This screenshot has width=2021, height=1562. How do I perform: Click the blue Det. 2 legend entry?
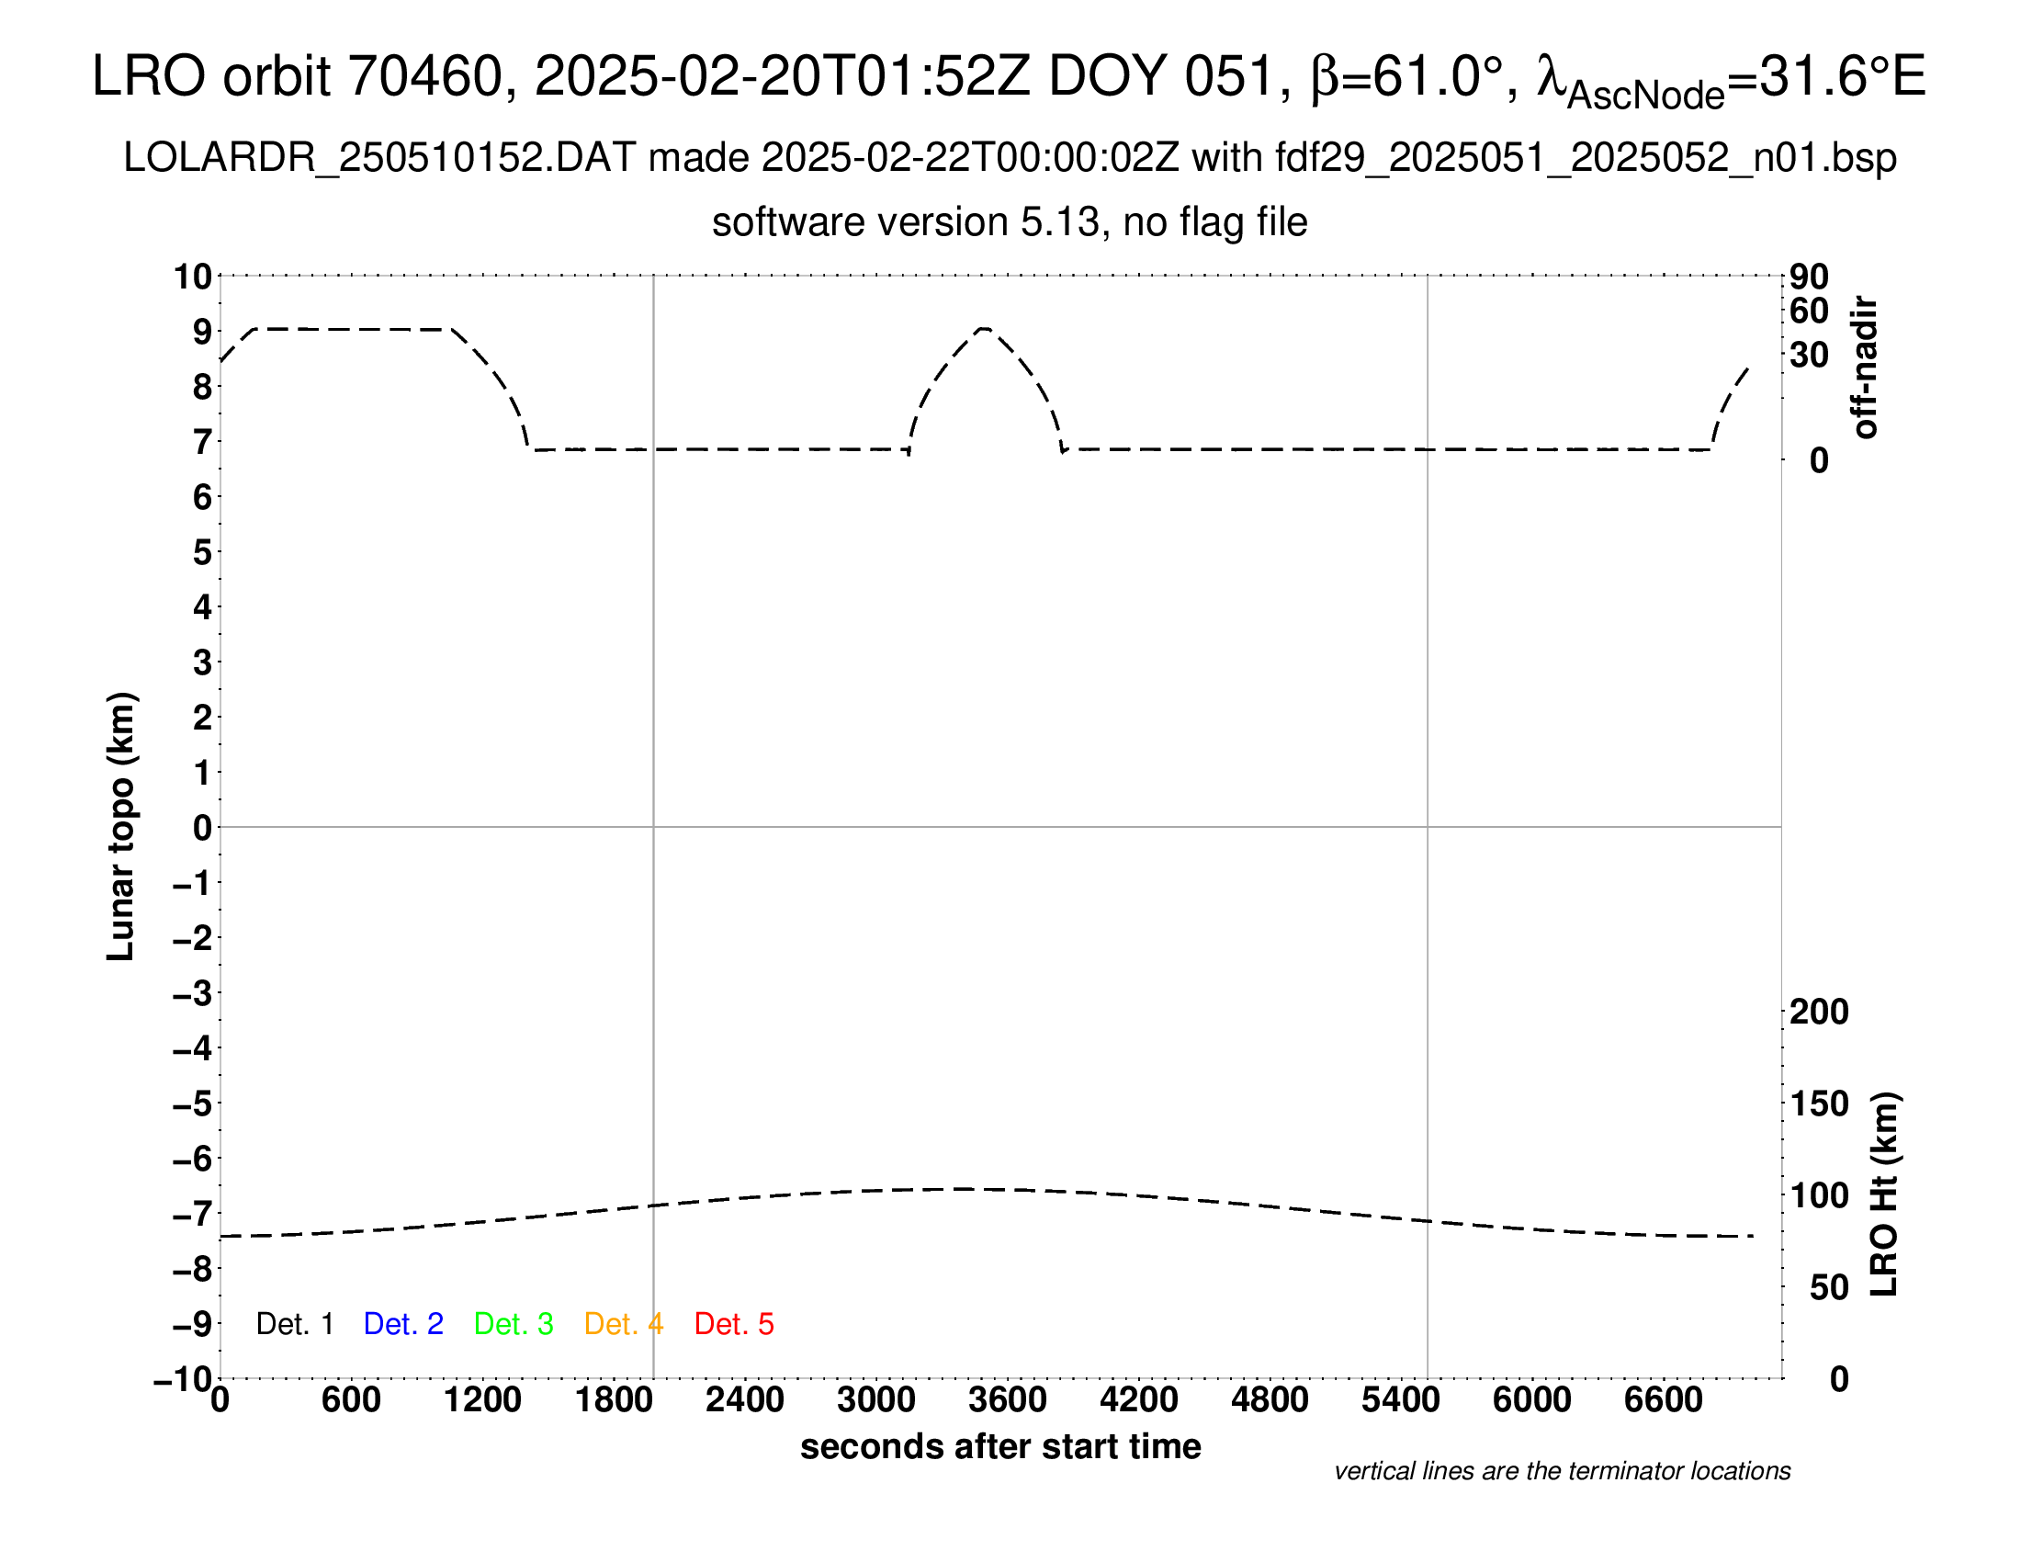click(x=403, y=1324)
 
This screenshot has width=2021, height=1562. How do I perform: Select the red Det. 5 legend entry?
click(x=734, y=1324)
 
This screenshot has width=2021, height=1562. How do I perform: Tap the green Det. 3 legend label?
click(x=514, y=1324)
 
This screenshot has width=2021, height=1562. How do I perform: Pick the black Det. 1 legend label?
click(x=294, y=1324)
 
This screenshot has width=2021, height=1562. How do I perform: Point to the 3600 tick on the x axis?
click(x=1008, y=1400)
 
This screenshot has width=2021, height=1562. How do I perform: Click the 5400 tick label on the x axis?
click(x=1400, y=1400)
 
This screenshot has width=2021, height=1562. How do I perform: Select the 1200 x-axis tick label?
click(x=482, y=1400)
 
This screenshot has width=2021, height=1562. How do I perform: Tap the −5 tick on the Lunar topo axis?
click(x=193, y=1104)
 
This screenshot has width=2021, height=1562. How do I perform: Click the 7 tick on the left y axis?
click(x=202, y=442)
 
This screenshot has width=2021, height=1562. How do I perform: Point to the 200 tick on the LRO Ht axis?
click(x=1818, y=1013)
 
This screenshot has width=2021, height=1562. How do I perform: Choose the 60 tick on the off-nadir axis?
click(x=1809, y=311)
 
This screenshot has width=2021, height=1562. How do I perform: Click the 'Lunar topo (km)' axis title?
click(x=121, y=826)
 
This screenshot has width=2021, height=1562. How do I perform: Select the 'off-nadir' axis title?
click(x=1866, y=368)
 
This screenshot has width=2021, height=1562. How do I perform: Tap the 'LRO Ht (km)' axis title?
click(x=1884, y=1194)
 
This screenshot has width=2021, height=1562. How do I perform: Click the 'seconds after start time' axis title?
click(x=1000, y=1446)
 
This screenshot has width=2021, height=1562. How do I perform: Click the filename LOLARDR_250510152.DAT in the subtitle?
click(x=379, y=158)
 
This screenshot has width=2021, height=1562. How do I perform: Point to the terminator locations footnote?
click(x=1562, y=1471)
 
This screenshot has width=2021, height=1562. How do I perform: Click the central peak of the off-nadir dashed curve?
click(x=984, y=329)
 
